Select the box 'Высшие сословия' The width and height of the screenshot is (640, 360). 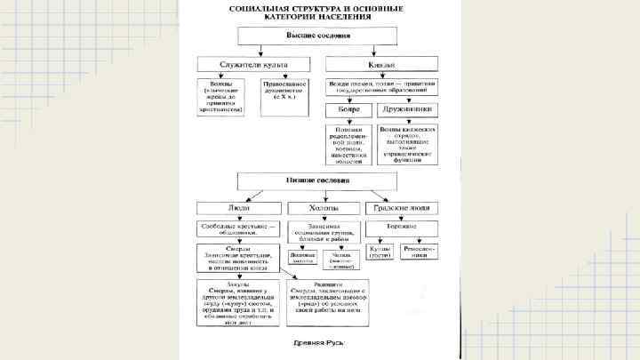[x=317, y=36]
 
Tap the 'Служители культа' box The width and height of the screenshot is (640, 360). [x=252, y=65]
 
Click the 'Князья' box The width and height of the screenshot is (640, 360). [x=381, y=65]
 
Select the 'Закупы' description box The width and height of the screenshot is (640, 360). [x=238, y=300]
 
